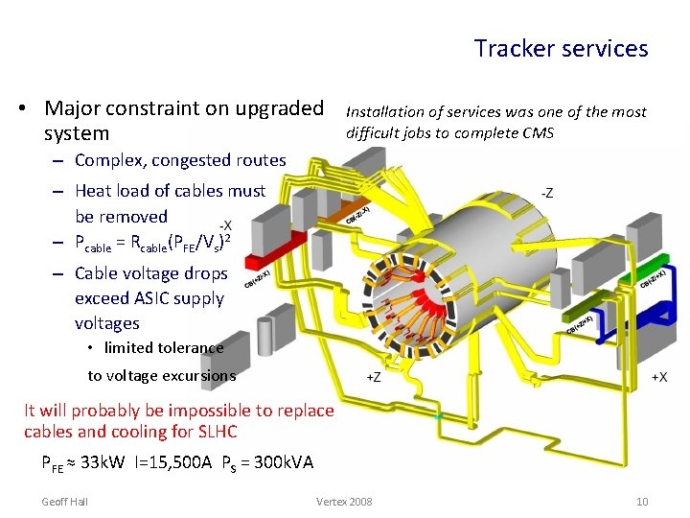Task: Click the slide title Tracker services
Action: point(561,48)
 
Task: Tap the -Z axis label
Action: point(546,193)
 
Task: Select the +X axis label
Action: point(660,376)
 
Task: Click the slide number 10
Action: point(642,502)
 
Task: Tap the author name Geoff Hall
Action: point(65,502)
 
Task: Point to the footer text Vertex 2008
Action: point(344,502)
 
